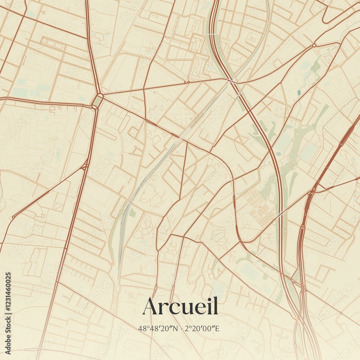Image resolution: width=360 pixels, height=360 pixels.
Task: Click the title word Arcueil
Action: [180, 306]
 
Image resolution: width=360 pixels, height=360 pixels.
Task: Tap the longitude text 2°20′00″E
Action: [202, 328]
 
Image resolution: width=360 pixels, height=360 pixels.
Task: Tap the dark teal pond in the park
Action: [299, 93]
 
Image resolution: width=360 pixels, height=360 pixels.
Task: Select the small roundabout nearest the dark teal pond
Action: [314, 45]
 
